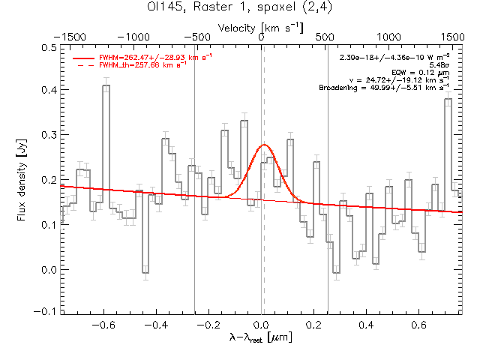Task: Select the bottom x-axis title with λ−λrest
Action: point(261,338)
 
